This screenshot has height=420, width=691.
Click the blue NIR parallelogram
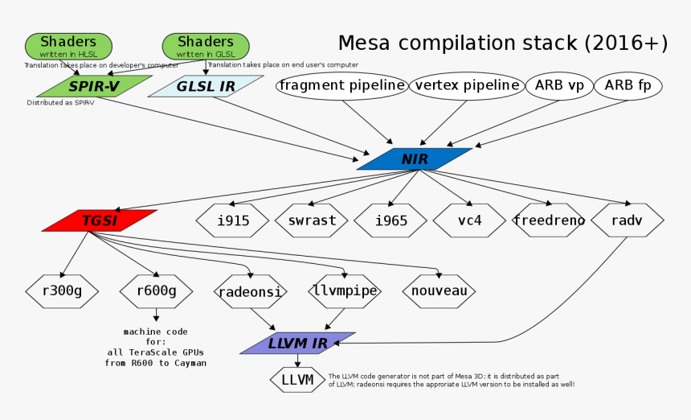coord(415,159)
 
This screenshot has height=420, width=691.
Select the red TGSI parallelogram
coord(99,220)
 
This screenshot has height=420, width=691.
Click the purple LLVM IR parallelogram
coord(297,344)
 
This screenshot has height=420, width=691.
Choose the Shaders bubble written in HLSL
coord(68,46)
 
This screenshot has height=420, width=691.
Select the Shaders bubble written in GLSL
coord(205,46)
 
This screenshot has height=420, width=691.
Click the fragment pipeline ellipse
coord(341,85)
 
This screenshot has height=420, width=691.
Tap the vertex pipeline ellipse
coord(465,85)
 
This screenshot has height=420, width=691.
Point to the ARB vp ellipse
coord(559,85)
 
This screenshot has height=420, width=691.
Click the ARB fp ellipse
coord(628,85)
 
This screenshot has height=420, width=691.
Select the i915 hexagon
coord(233,220)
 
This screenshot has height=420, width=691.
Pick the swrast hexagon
coord(312,220)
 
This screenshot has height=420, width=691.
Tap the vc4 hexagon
coord(469,220)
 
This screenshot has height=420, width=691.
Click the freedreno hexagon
coord(549,220)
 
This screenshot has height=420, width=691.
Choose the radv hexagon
coord(628,220)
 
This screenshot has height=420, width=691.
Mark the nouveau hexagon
coord(439,291)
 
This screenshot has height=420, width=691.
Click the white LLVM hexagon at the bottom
coord(296,380)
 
